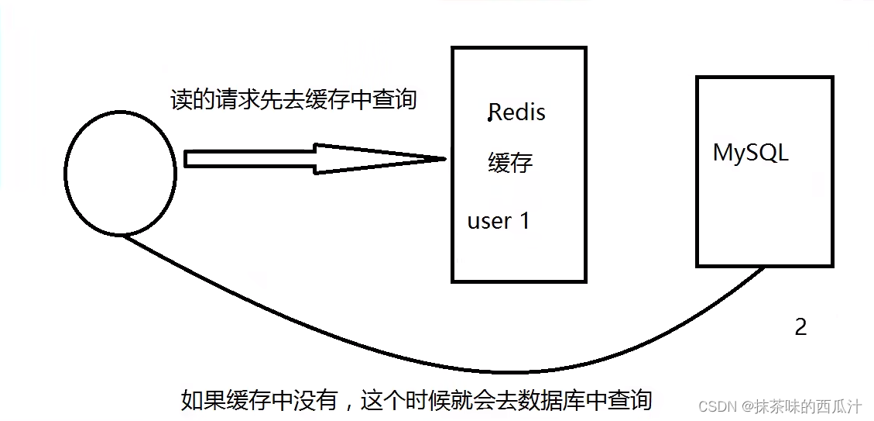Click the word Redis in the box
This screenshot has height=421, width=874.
point(517,112)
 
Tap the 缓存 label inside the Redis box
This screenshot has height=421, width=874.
point(510,163)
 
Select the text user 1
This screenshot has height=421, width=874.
point(499,221)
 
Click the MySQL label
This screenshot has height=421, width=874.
point(750,153)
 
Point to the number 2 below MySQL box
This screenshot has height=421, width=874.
point(800,327)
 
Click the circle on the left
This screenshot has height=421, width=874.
point(121,173)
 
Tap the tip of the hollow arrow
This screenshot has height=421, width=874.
point(445,159)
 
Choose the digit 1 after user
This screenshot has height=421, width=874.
point(524,221)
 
